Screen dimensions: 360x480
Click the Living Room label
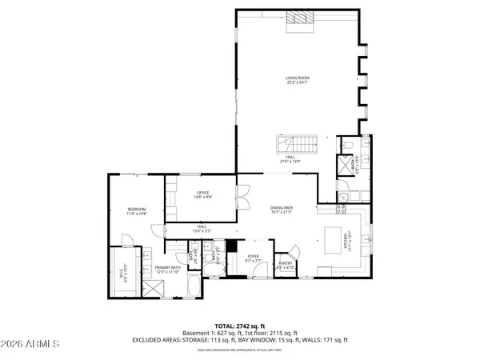coord(297,80)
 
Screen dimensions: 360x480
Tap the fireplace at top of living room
coord(301,20)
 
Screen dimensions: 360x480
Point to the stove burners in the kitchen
coord(341,209)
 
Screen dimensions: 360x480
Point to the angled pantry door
coord(294,250)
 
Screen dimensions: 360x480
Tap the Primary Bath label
coord(168,269)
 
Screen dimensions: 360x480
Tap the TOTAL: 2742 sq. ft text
coord(239,325)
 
